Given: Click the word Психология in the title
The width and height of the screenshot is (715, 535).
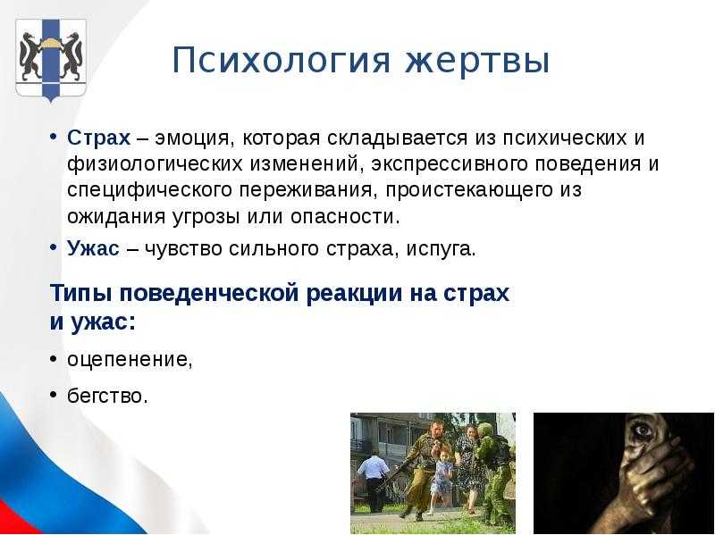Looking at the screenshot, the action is [282, 61].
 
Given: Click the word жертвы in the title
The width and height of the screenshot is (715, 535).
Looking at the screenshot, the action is [477, 61].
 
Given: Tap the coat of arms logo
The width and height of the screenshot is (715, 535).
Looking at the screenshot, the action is [50, 59].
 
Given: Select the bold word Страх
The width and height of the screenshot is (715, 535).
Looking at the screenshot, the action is [98, 138].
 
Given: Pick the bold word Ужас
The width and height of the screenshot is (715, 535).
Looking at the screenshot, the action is [93, 249].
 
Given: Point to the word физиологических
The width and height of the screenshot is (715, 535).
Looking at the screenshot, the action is [155, 164].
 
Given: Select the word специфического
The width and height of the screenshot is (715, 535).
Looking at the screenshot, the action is [149, 190].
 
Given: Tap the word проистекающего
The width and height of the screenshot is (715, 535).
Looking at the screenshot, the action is [469, 190].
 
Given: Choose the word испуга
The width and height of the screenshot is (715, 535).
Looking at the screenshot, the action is [441, 250].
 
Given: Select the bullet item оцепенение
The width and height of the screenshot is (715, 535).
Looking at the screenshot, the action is [130, 360].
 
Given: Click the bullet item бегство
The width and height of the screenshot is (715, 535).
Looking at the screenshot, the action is [107, 396].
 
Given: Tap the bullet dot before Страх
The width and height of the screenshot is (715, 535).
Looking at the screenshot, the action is [54, 138].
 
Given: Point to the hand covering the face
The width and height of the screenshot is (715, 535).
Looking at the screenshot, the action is [657, 474].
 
